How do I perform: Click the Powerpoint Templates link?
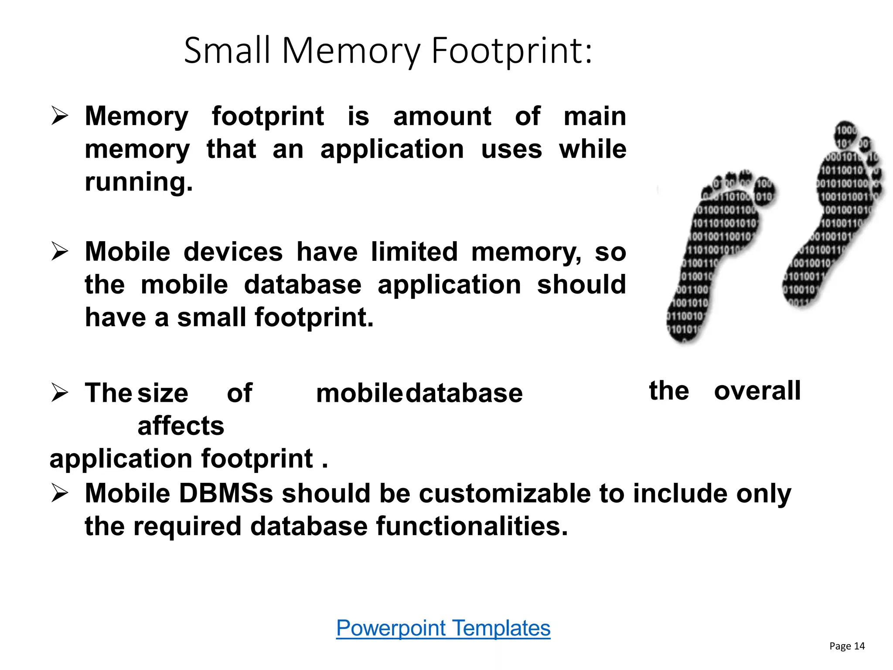coord(443,628)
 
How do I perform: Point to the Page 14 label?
coord(847,646)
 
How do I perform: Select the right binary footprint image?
coord(833,214)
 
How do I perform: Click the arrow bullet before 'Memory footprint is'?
coord(60,116)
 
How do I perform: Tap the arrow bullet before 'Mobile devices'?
coord(60,251)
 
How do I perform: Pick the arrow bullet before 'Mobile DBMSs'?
coord(60,493)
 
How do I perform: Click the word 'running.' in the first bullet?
coord(139,182)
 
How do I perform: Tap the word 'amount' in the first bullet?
coord(442,116)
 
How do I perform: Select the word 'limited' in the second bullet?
coord(414,252)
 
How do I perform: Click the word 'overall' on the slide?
coord(757,390)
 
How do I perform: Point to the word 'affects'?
coord(181,426)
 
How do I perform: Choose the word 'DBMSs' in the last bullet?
coord(226,493)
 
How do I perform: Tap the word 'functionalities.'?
coord(472,526)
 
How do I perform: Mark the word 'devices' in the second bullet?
coord(233,252)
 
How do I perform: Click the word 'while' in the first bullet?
coord(593,150)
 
